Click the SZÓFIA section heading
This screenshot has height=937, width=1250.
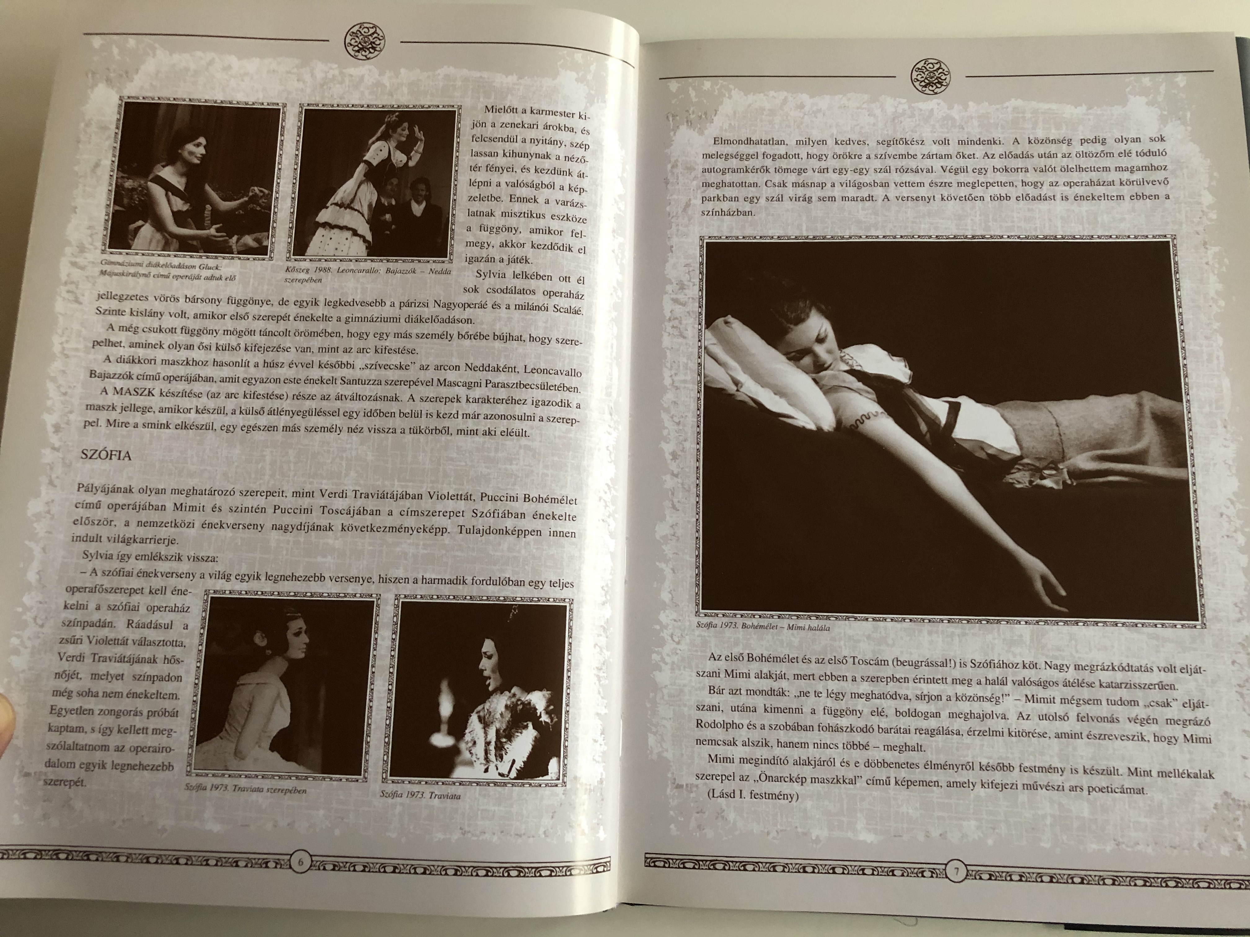pos(106,455)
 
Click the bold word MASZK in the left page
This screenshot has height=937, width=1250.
pos(131,391)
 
